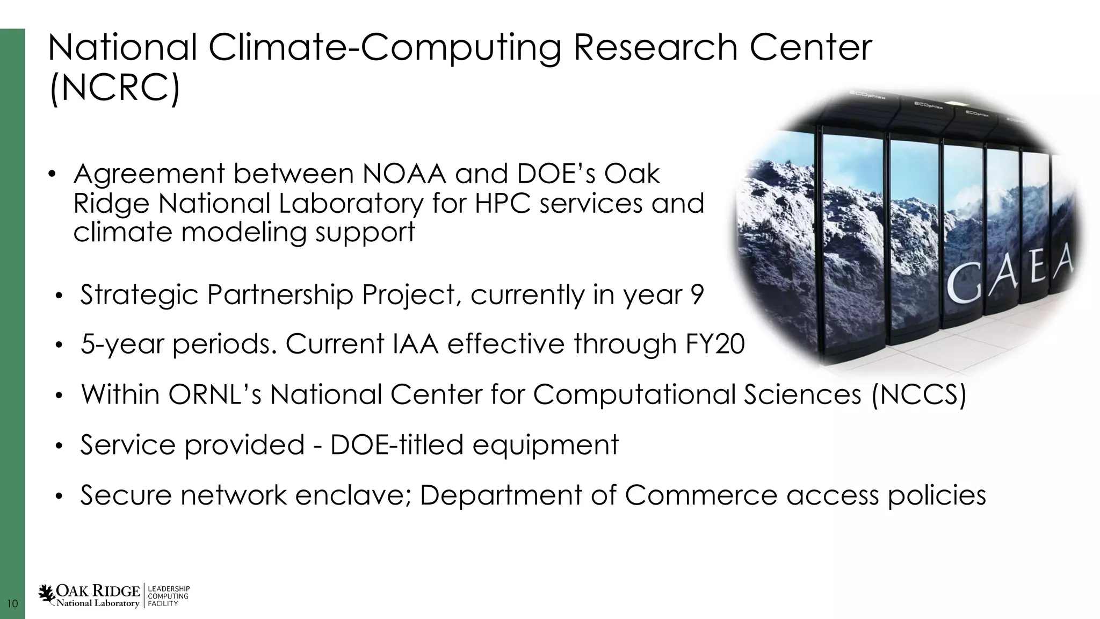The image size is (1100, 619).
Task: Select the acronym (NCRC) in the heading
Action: [114, 89]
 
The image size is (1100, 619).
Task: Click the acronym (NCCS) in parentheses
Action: [918, 394]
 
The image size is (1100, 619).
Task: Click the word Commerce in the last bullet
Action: [701, 495]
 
